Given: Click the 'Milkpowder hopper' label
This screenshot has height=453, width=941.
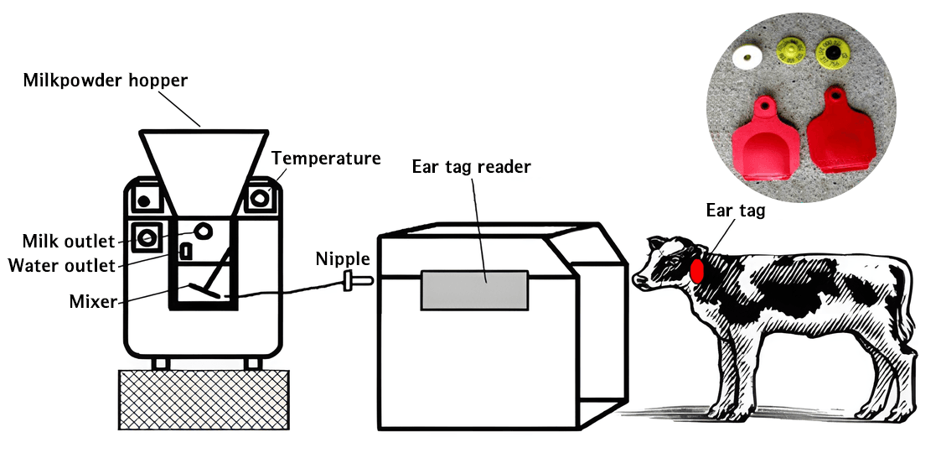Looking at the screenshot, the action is pyautogui.click(x=105, y=80).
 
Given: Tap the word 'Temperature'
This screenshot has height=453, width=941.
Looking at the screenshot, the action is pyautogui.click(x=326, y=158).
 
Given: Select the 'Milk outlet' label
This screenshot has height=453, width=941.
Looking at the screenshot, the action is pyautogui.click(x=69, y=242).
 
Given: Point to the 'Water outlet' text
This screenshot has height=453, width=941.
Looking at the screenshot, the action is pyautogui.click(x=61, y=265).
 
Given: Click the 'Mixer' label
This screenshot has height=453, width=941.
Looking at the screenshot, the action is pyautogui.click(x=92, y=301).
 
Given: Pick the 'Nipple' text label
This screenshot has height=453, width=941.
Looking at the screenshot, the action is pyautogui.click(x=343, y=259).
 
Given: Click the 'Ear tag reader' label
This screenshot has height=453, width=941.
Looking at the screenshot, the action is pyautogui.click(x=471, y=166).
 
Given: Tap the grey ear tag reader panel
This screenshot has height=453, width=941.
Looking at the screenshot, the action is pyautogui.click(x=474, y=290).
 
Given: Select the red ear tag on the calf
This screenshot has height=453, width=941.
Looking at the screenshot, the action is pyautogui.click(x=697, y=269).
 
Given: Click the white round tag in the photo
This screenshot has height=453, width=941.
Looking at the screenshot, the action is pyautogui.click(x=747, y=58).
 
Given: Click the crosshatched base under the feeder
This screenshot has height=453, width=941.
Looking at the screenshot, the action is pyautogui.click(x=204, y=399).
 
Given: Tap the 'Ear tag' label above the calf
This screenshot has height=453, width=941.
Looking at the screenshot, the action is pyautogui.click(x=735, y=211).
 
